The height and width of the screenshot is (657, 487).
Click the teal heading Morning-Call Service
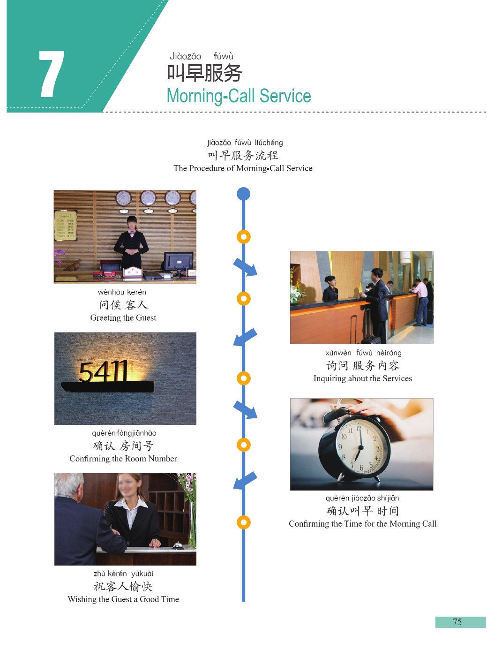coord(239,96)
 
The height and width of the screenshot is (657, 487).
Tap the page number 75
coord(457,622)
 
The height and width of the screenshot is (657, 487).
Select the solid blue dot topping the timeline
coord(243,194)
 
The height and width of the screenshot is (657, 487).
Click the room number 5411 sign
coord(104,372)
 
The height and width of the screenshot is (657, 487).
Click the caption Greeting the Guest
coord(123,318)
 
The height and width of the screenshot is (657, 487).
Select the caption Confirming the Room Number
coord(123,459)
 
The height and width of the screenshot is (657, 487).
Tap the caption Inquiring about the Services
coord(362,378)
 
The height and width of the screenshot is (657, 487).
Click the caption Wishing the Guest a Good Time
coord(123,599)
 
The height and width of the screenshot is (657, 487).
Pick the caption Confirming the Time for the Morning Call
coord(362,524)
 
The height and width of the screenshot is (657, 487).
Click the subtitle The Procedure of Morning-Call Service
coord(243,168)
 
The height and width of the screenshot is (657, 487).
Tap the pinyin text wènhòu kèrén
coord(122,292)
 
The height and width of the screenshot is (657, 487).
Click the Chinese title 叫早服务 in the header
coord(204,73)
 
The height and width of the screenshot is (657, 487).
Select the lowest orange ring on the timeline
coord(243,522)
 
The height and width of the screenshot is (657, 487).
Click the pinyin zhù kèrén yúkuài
coord(123,574)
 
